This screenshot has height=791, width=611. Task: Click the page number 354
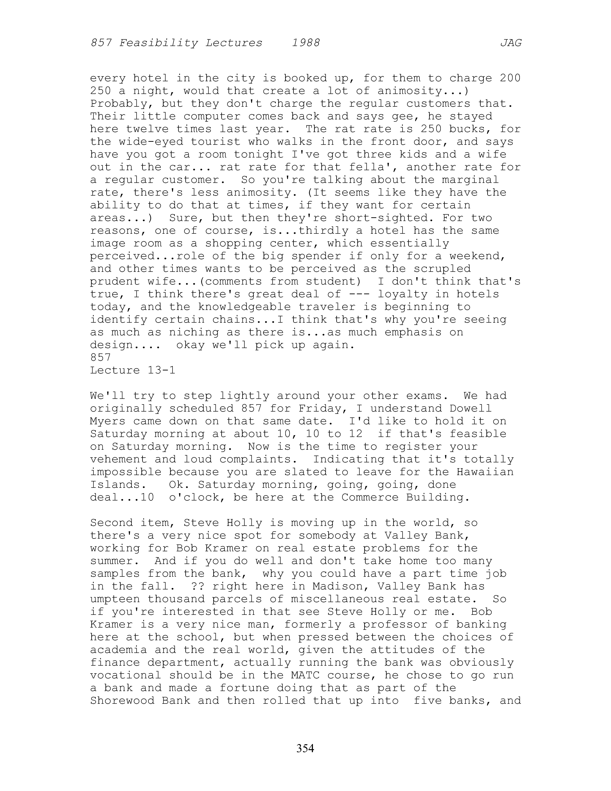click(x=305, y=748)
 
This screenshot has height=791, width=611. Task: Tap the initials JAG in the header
click(x=511, y=43)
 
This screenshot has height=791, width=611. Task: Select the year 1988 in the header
click(x=306, y=43)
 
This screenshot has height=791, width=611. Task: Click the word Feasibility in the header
click(x=159, y=43)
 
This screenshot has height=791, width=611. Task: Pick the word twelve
click(x=147, y=129)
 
